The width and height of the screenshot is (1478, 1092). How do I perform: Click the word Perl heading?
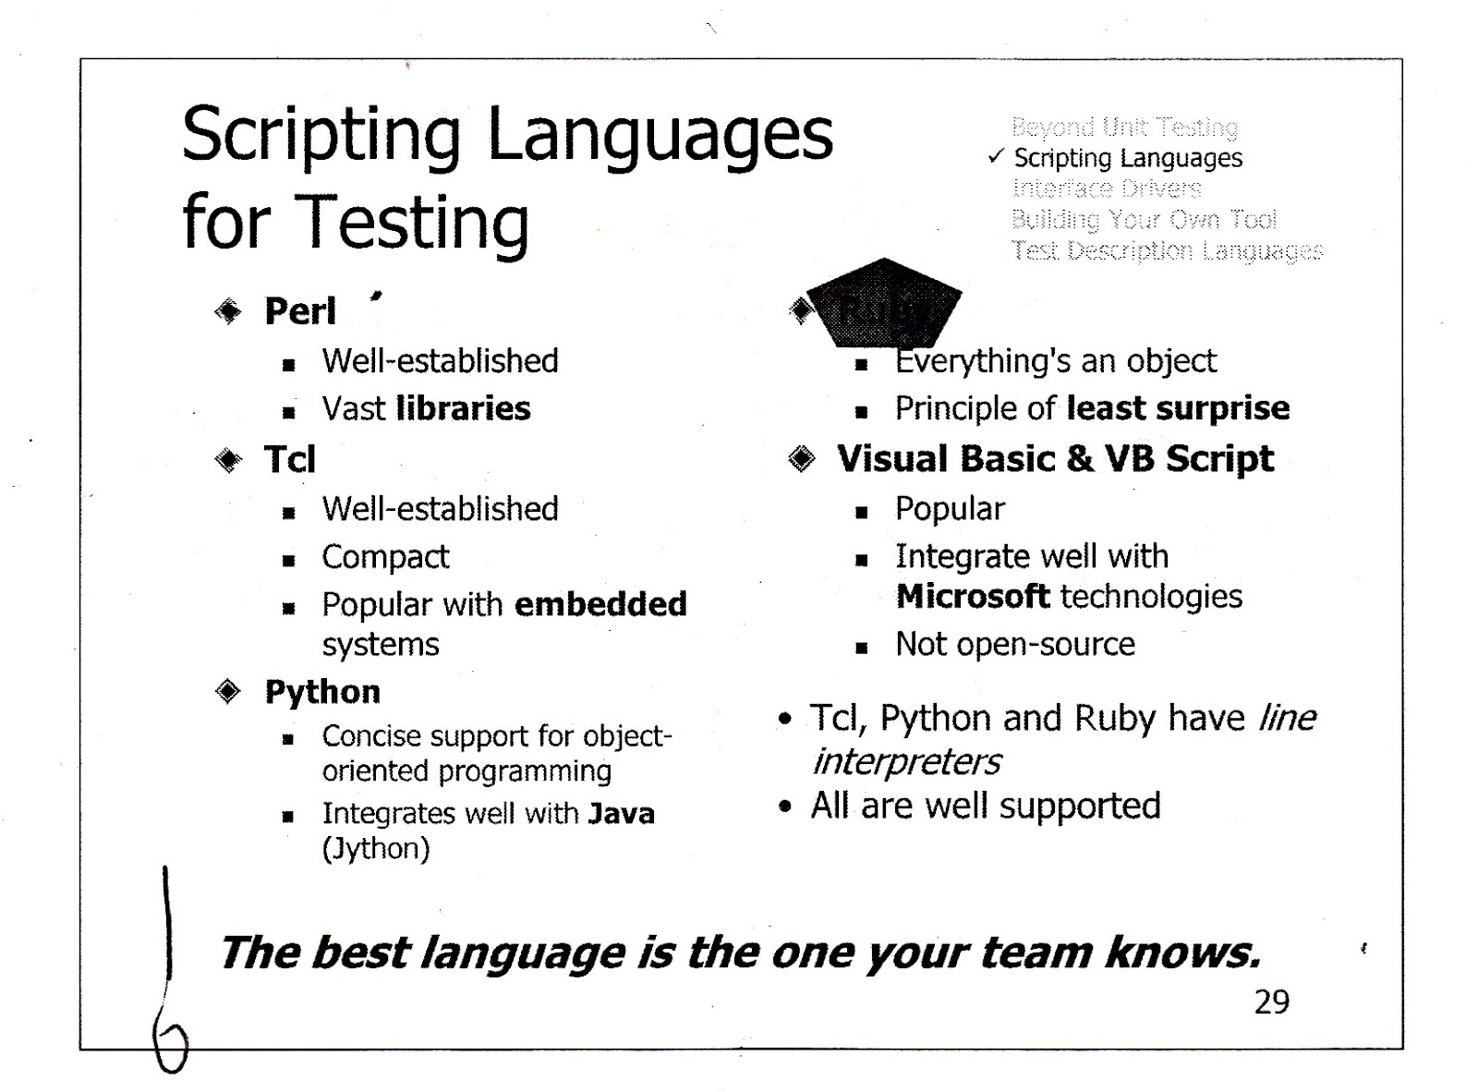click(300, 311)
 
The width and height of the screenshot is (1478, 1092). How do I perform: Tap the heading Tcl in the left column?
click(290, 459)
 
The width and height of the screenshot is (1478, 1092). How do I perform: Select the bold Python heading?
click(322, 691)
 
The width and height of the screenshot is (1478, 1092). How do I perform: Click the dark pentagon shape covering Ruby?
click(884, 301)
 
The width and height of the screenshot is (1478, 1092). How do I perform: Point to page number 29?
click(1271, 1001)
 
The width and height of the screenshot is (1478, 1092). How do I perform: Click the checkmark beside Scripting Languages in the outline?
click(995, 157)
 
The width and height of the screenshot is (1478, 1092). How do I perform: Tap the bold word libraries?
click(464, 408)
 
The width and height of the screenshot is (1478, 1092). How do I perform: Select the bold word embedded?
click(600, 604)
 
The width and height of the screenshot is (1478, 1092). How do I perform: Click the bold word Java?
click(622, 814)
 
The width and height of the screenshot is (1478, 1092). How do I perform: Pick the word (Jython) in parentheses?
click(376, 848)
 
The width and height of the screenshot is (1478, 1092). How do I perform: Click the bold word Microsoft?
click(973, 597)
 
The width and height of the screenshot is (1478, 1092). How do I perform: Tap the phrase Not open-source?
click(1014, 644)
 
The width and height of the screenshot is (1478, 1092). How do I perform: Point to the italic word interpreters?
click(906, 762)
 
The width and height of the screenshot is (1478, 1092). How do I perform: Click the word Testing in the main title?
click(411, 223)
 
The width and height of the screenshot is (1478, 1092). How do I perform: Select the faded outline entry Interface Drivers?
click(1106, 188)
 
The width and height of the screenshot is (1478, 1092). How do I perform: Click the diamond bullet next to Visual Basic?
click(802, 458)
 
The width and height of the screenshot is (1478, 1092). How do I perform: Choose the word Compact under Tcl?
click(385, 557)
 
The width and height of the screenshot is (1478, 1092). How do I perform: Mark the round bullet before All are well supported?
click(785, 807)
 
